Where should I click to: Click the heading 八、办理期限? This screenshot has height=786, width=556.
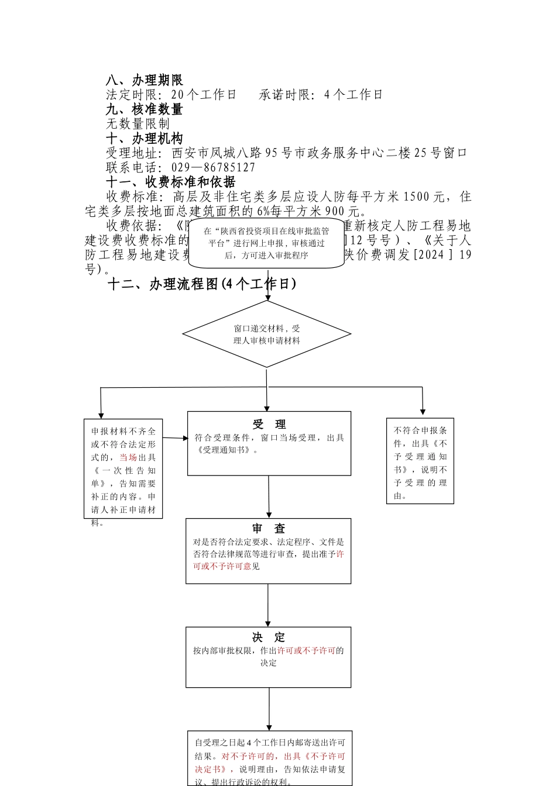(x=144, y=80)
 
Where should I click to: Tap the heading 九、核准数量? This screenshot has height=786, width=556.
(x=144, y=109)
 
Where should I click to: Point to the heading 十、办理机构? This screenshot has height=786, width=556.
(x=144, y=139)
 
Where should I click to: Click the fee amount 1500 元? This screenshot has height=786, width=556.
(x=424, y=196)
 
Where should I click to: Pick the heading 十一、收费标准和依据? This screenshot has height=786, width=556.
(x=170, y=182)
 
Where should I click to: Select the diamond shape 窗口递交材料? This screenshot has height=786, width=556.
(x=267, y=334)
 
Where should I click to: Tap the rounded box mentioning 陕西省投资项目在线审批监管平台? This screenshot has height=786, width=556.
(x=266, y=243)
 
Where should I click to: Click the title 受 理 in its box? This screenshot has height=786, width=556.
(x=269, y=424)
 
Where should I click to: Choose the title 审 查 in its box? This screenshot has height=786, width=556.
(x=269, y=528)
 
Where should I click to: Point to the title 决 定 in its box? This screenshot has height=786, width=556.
(x=269, y=637)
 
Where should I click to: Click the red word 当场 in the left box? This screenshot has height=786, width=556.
(x=128, y=457)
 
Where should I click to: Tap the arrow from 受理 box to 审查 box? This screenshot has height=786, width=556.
(x=269, y=497)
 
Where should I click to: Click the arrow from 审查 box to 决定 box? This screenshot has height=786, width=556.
(x=269, y=605)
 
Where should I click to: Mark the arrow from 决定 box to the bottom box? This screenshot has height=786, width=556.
(x=269, y=709)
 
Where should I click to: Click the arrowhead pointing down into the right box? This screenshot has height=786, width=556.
(x=423, y=412)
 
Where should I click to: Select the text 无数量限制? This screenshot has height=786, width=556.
(x=138, y=124)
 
